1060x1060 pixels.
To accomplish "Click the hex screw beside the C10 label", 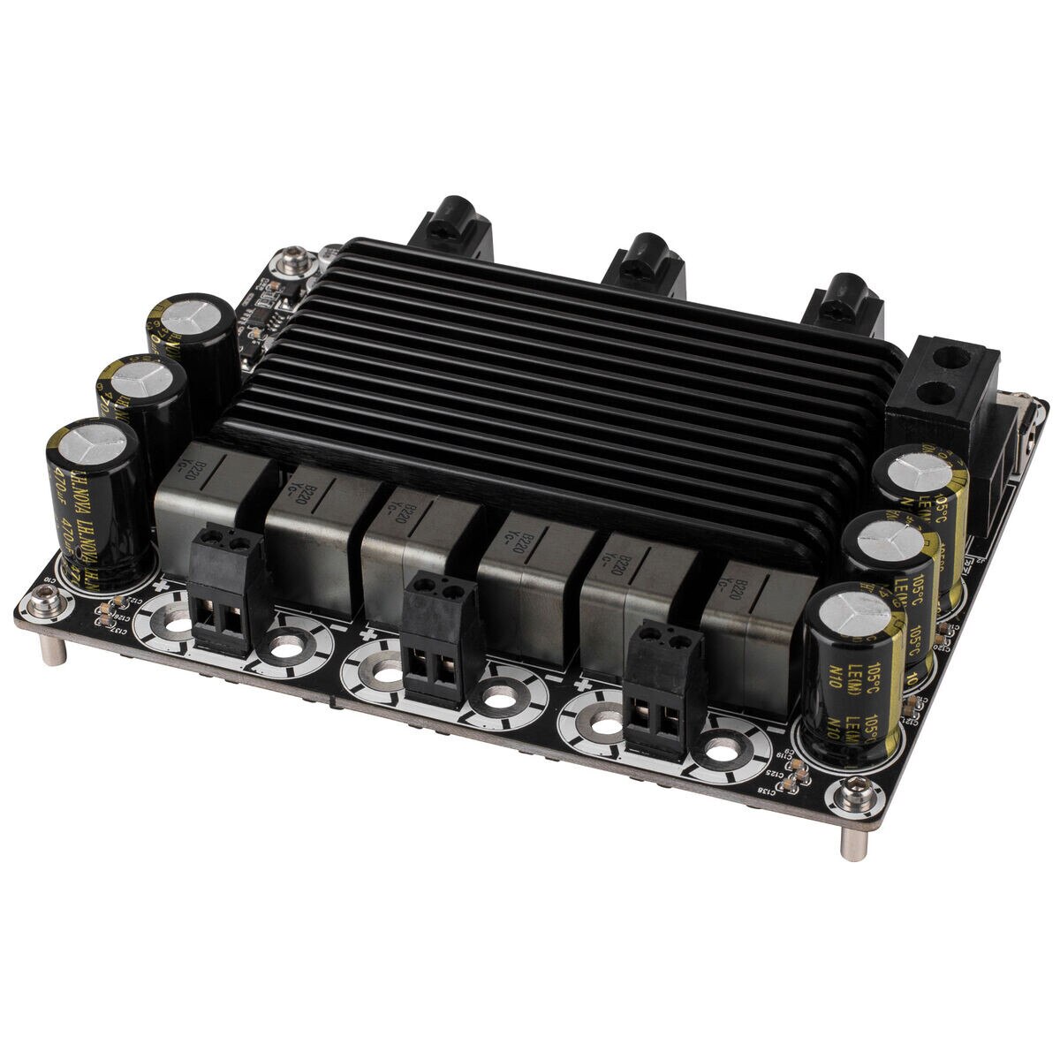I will click(41, 604).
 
